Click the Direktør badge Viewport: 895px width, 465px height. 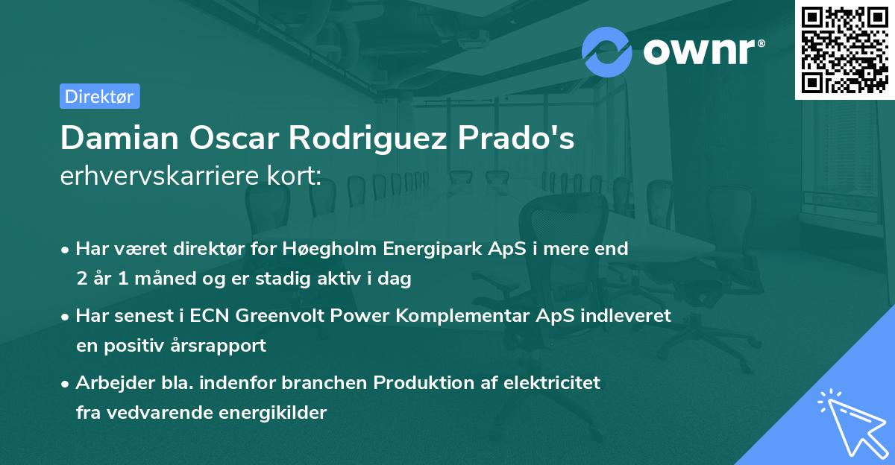tap(99, 96)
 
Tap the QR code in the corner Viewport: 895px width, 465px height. tap(844, 49)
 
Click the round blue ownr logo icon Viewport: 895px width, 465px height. tap(607, 51)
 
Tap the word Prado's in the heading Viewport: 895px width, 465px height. tap(518, 138)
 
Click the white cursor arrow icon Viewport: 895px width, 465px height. tap(850, 423)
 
